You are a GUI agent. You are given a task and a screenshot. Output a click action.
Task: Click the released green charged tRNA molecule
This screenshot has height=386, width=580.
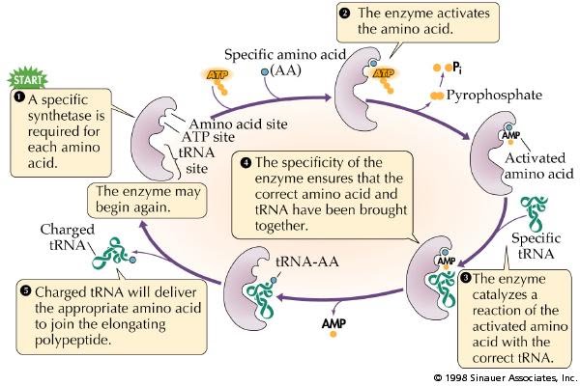tap(113, 259)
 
